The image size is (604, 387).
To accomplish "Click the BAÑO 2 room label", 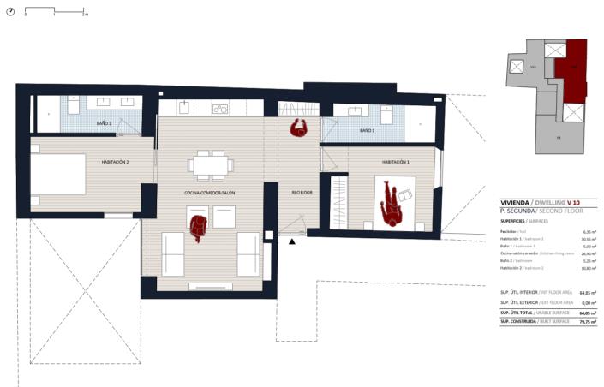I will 105,124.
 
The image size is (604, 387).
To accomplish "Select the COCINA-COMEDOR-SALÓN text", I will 209,193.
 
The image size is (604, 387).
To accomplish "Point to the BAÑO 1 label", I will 367,130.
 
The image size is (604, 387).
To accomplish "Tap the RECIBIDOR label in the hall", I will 302,193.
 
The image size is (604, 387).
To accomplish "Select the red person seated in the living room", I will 199,227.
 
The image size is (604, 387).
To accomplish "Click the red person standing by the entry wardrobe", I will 299,128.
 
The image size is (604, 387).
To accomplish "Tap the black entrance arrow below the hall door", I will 293,242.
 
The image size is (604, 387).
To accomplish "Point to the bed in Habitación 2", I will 58,180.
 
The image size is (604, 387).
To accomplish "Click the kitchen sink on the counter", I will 220,109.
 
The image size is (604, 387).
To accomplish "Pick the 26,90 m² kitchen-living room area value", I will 588,254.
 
